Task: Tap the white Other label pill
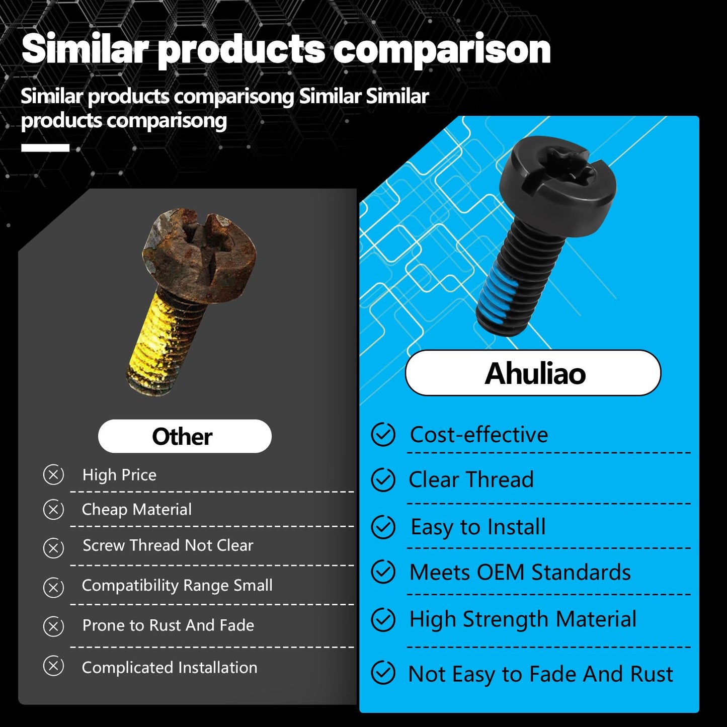(x=184, y=436)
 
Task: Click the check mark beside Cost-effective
(x=383, y=435)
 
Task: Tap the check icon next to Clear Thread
(x=383, y=479)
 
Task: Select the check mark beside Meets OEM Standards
(x=383, y=572)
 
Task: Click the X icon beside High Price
(x=53, y=474)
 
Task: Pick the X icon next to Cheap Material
(x=53, y=510)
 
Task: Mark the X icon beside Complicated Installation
(x=53, y=666)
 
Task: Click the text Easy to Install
(x=478, y=527)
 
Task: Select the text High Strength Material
(x=522, y=619)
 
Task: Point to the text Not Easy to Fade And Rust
(x=540, y=674)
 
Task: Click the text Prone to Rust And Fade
(x=168, y=625)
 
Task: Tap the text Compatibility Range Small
(x=177, y=586)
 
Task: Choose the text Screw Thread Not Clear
(x=168, y=545)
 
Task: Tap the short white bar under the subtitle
(x=45, y=148)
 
